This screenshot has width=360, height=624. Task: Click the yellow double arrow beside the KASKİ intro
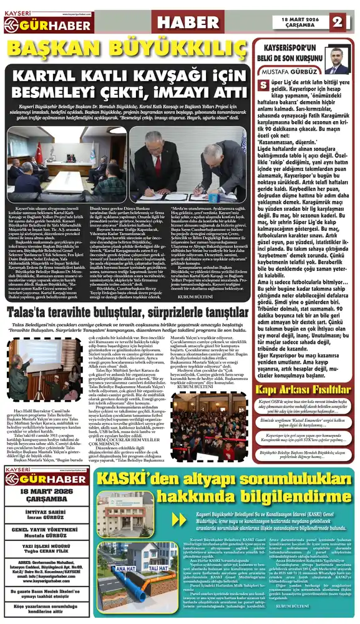tap(177, 517)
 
